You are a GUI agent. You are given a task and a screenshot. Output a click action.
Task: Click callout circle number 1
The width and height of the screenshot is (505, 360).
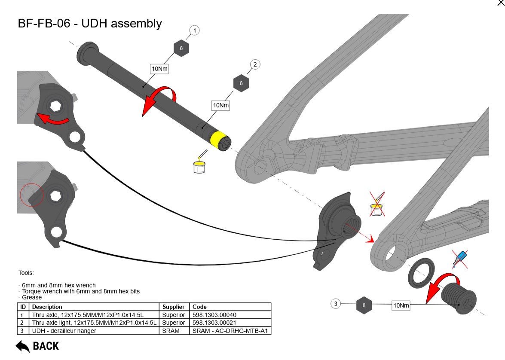point(195,31)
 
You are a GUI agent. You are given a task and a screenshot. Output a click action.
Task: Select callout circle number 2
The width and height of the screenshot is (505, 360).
point(255,65)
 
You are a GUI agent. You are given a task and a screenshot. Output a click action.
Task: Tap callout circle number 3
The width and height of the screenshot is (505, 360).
point(336,304)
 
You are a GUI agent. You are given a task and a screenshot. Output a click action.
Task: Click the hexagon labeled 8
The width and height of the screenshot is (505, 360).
point(364,305)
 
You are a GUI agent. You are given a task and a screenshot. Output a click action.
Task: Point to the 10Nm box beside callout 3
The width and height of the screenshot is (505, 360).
point(401,305)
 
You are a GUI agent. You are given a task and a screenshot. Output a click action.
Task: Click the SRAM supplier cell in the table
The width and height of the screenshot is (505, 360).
point(171,331)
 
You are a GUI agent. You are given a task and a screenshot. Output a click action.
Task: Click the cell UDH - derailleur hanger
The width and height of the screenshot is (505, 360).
point(64,331)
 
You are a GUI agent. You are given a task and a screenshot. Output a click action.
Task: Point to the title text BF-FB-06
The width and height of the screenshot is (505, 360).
point(43,23)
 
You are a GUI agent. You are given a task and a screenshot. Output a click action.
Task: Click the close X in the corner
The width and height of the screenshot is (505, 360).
point(501,3)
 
